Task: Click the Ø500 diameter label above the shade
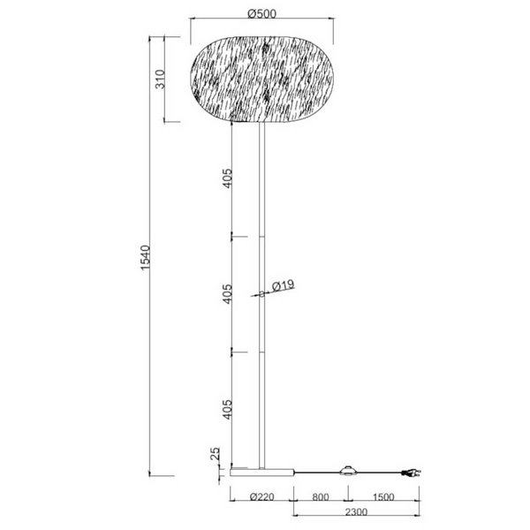coord(262,14)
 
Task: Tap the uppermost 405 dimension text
coord(227,181)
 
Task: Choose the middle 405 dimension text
coord(227,293)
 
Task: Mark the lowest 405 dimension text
coord(227,409)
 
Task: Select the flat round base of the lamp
coord(262,471)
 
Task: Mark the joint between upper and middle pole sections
coord(262,236)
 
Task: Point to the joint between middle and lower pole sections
coord(262,351)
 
